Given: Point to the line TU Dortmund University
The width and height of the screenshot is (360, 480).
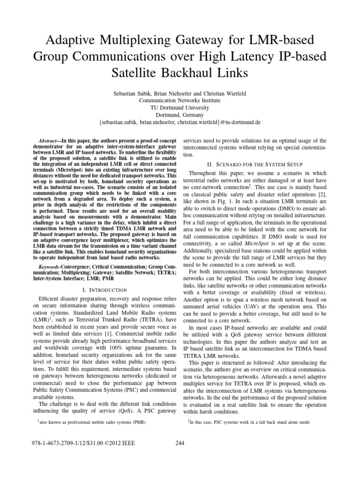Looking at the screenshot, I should pos(180,107).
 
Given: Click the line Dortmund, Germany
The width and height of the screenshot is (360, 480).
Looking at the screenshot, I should pos(180,114).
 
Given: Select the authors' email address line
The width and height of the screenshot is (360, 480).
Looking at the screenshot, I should pos(180,122).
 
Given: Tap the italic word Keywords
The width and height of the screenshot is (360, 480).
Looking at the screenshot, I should pos(48,267).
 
